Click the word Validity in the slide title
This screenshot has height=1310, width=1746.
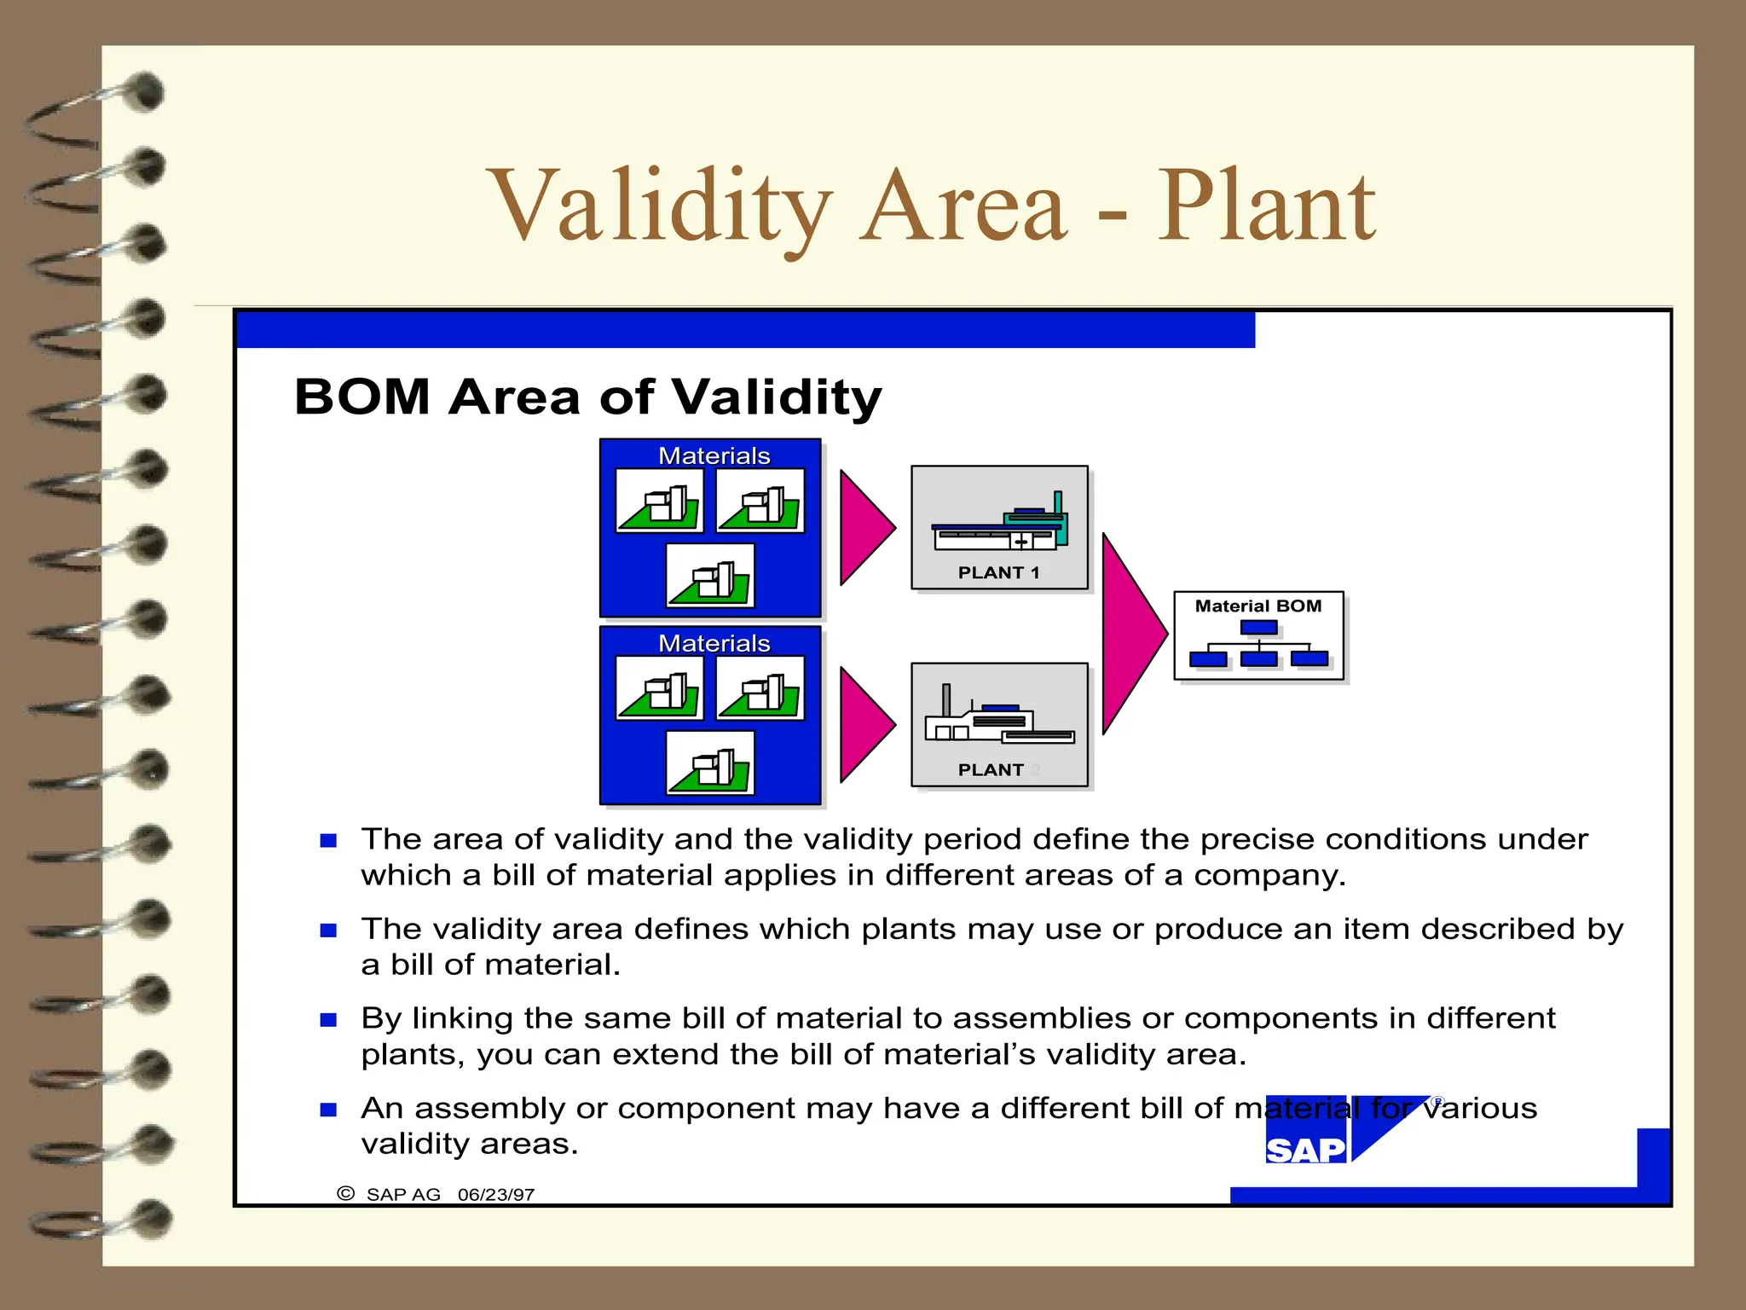658,206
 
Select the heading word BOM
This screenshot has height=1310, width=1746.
362,397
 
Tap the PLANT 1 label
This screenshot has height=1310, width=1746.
998,572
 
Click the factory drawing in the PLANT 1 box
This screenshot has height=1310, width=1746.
999,523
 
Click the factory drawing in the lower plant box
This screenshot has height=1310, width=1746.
997,718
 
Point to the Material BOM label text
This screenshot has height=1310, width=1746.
1257,606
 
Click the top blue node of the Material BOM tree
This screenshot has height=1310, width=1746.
1258,628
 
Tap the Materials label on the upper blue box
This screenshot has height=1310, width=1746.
714,455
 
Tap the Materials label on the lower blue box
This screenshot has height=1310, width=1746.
714,643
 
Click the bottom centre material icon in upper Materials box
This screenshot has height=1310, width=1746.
710,577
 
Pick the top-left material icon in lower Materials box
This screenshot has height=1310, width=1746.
660,688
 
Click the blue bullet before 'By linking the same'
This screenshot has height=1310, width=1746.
328,1019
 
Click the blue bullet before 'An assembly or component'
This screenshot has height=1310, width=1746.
328,1109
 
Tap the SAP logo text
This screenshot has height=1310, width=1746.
1304,1151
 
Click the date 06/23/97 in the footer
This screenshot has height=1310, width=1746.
495,1194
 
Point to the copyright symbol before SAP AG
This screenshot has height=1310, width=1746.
345,1193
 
